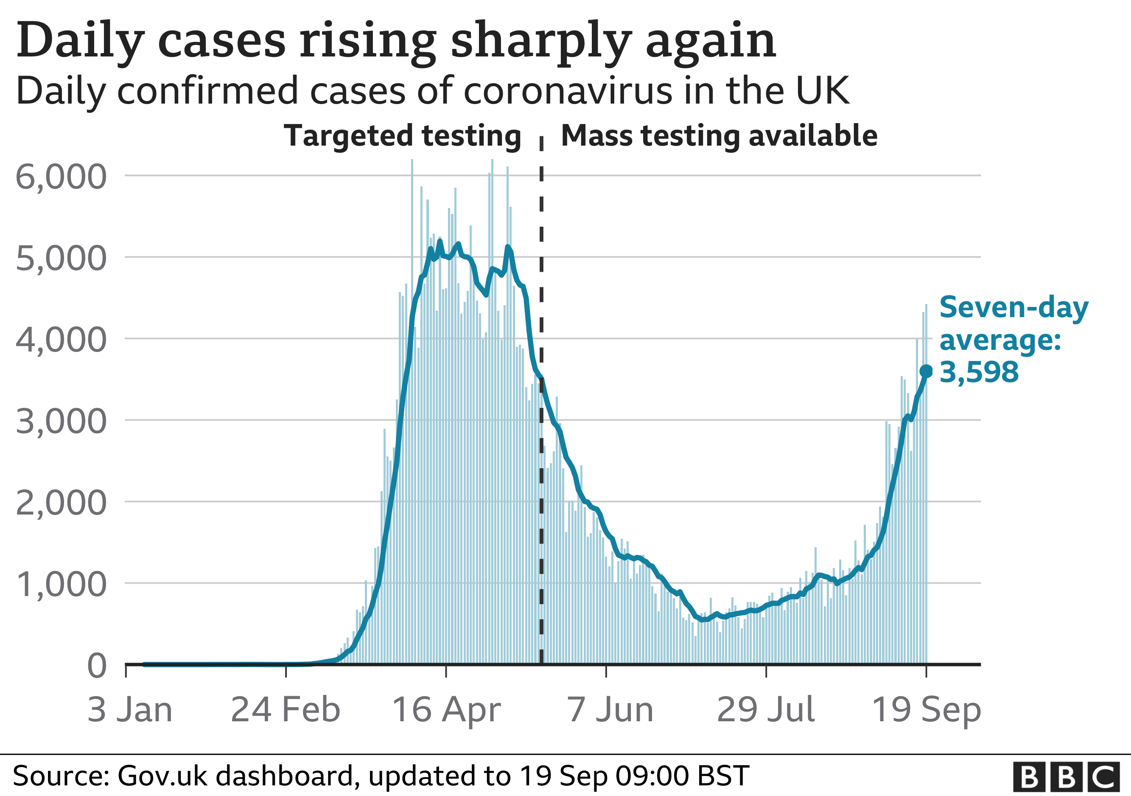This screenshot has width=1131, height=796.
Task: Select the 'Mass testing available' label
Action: (x=719, y=135)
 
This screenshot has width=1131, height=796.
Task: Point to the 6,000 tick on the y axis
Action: (x=61, y=177)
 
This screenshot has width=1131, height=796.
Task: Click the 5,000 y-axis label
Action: (x=61, y=258)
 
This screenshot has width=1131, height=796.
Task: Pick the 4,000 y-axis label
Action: (x=61, y=340)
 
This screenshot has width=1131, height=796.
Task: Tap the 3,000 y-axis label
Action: (x=61, y=422)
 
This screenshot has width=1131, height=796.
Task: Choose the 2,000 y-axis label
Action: (x=61, y=503)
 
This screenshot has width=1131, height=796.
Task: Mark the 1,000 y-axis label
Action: (x=61, y=585)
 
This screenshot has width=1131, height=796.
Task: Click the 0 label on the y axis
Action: (x=97, y=666)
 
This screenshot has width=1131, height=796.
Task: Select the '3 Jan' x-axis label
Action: (x=129, y=710)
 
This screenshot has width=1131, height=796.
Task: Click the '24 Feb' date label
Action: (x=285, y=710)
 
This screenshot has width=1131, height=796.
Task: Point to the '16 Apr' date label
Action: (x=446, y=710)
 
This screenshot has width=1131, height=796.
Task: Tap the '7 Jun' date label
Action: (x=610, y=710)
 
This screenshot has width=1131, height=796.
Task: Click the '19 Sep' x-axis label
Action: (x=926, y=710)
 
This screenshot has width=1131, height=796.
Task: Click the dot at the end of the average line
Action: (x=926, y=371)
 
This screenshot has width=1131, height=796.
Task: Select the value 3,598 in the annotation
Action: (x=979, y=372)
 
